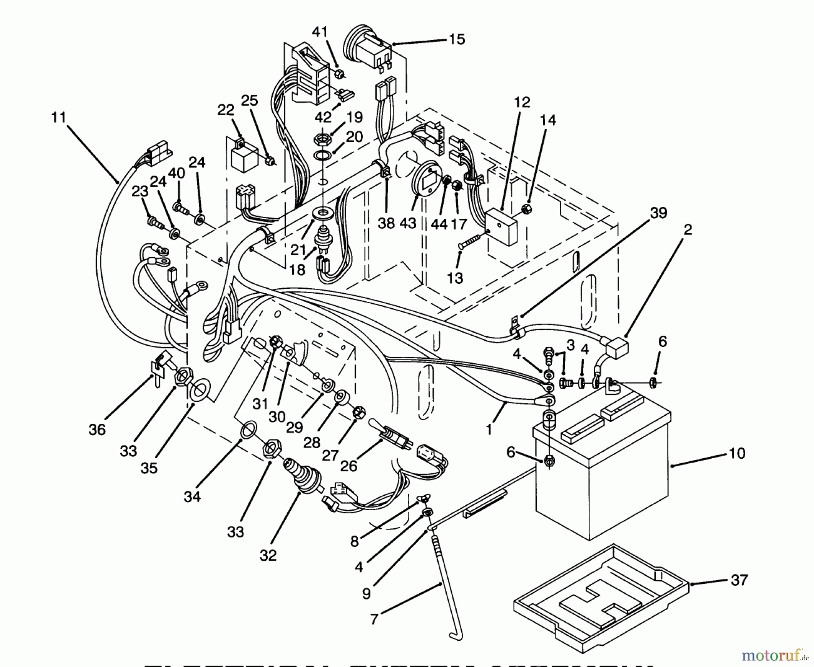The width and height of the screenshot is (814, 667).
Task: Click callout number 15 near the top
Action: click(457, 40)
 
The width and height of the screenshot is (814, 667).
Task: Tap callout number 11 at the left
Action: click(58, 118)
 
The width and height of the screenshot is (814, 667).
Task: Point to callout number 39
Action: click(658, 212)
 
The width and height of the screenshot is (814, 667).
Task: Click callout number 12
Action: click(521, 102)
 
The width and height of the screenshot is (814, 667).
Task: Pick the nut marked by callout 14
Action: click(526, 209)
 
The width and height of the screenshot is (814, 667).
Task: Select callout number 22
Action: click(226, 110)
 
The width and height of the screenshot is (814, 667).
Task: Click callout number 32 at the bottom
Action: click(268, 555)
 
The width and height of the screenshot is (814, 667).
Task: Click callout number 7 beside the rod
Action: click(374, 618)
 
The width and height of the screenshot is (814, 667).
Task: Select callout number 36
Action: click(97, 429)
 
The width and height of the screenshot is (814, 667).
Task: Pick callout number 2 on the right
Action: click(687, 230)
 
